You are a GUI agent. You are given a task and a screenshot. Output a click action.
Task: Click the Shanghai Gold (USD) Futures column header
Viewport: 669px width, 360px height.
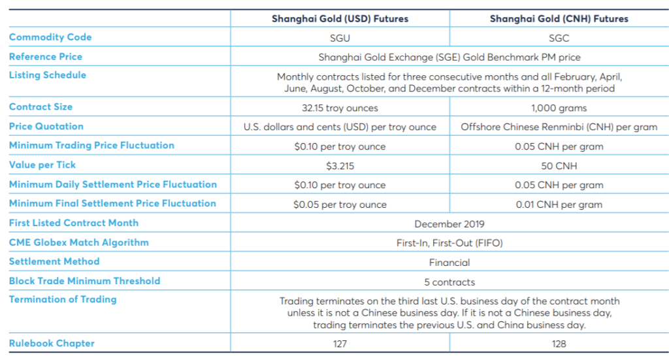340,19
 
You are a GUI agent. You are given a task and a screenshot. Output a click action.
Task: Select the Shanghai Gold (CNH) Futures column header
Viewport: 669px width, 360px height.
559,19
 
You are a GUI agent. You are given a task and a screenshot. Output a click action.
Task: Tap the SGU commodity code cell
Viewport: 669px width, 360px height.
340,39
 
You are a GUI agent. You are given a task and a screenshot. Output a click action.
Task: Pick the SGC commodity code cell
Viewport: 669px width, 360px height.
559,39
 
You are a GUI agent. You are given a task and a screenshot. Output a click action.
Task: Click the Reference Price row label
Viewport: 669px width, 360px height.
46,57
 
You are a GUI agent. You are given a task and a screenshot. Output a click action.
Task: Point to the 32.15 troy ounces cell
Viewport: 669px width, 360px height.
340,108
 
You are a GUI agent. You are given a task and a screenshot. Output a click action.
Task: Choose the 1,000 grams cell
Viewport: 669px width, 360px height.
559,108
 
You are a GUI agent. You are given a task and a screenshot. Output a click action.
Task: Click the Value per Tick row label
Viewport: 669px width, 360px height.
42,165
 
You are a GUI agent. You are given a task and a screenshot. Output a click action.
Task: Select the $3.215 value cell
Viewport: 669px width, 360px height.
340,166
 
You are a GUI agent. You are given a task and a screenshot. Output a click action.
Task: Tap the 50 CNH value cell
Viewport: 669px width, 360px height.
559,166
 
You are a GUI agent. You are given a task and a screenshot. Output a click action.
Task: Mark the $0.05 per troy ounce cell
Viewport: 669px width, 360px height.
340,205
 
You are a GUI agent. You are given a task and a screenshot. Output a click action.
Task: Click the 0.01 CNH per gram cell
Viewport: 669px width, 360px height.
559,205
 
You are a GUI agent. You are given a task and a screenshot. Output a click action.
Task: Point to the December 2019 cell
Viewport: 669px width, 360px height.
449,224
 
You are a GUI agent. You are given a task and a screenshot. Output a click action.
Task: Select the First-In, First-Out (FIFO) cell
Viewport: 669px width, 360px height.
449,243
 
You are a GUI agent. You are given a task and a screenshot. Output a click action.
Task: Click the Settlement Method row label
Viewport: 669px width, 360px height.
54,261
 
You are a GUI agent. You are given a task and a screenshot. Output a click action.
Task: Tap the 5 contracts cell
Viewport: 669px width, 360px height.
449,282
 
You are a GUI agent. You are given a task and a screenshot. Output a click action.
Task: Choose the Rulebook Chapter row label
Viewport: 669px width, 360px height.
52,344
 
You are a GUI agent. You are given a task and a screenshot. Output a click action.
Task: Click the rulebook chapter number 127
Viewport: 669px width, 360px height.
340,344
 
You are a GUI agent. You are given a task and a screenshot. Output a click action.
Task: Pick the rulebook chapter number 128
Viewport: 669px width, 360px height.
559,344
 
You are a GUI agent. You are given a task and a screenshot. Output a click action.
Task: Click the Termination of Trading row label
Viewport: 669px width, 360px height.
63,299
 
